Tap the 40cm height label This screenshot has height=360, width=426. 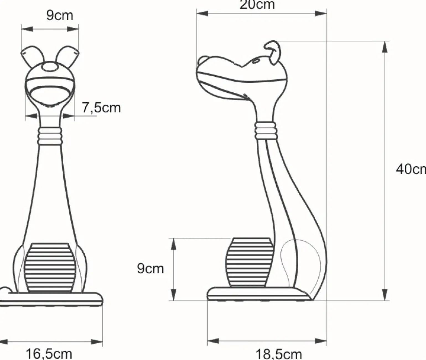411,169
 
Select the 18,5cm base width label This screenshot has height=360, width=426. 279,354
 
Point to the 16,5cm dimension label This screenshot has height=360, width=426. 49,354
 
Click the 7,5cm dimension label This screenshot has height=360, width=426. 102,108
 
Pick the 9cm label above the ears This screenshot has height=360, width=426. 59,15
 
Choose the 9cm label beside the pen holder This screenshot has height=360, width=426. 150,269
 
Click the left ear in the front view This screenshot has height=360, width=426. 32,56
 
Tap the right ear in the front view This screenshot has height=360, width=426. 67,56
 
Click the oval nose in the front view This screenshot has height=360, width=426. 50,67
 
